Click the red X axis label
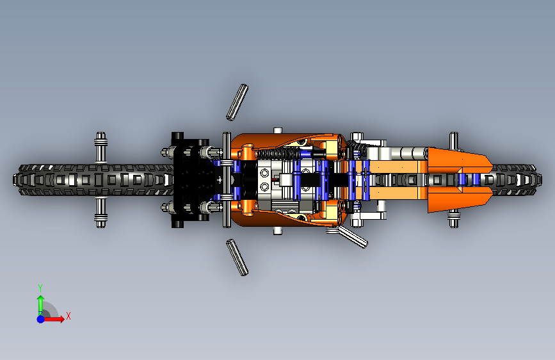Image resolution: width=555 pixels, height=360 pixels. click(68, 316)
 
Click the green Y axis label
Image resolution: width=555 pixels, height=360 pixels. click(40, 287)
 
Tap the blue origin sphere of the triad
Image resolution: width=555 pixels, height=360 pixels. click(40, 318)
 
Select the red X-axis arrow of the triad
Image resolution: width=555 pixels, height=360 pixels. click(56, 318)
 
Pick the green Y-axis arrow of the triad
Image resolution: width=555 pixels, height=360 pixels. click(40, 303)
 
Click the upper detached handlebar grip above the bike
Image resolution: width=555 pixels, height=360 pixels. click(237, 101)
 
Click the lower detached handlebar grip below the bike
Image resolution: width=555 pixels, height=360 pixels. click(237, 257)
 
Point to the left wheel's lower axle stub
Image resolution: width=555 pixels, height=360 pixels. click(101, 213)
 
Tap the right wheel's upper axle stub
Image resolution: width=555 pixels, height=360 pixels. click(454, 141)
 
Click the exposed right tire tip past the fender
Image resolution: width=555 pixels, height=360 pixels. click(517, 179)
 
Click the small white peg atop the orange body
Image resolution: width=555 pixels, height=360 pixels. click(278, 130)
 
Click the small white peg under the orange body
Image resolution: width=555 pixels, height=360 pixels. click(278, 230)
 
